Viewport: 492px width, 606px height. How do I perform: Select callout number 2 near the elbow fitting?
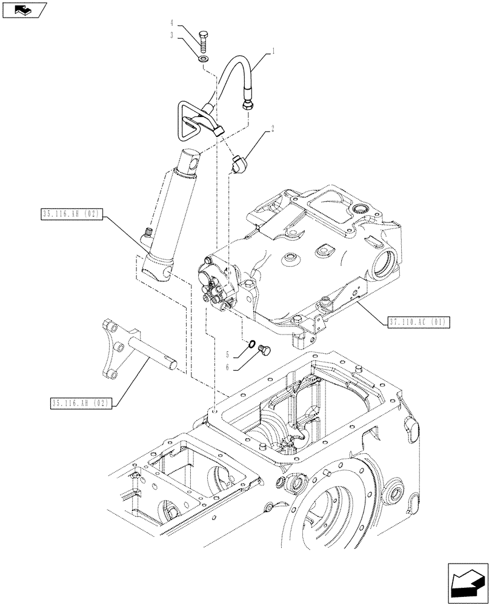coord(273,128)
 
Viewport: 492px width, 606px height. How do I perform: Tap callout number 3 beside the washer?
coord(173,36)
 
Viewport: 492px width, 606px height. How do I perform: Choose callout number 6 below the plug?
coord(227,367)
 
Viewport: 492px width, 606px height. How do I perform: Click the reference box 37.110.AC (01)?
coord(417,322)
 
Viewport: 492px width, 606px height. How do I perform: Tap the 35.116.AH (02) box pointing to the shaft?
coord(78,403)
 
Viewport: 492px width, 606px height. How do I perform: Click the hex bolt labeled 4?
coord(203,41)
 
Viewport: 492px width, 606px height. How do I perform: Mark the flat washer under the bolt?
coord(203,59)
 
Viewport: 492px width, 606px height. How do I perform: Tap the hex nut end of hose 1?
coord(247,106)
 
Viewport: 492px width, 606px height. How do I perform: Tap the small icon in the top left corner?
coord(24,9)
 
